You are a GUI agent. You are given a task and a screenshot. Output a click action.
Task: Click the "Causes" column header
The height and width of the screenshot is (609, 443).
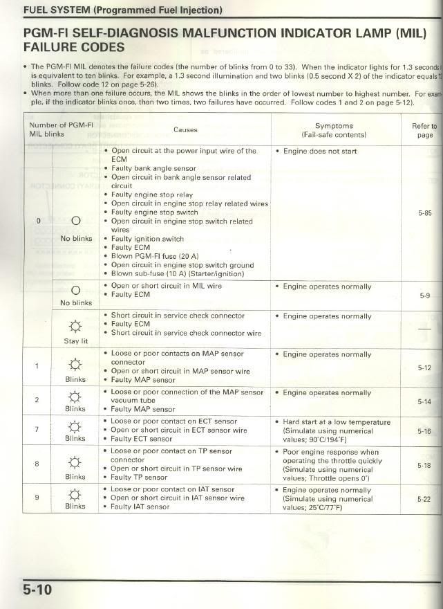(185, 129)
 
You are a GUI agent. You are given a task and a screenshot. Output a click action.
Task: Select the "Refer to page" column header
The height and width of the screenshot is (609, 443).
(424, 130)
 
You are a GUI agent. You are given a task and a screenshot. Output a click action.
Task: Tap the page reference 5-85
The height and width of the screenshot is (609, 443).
(424, 213)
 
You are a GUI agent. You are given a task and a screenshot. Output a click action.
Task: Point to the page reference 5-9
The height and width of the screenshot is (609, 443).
(424, 296)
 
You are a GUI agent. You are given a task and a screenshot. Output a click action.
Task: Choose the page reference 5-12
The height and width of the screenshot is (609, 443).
(424, 367)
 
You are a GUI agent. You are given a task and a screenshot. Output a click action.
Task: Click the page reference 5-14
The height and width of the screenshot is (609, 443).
(424, 401)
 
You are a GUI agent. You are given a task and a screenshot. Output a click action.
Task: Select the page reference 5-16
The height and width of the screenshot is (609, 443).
(424, 431)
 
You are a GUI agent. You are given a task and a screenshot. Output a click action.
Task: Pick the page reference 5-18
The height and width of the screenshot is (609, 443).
(424, 466)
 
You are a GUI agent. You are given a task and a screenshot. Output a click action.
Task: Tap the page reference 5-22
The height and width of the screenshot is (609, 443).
(424, 498)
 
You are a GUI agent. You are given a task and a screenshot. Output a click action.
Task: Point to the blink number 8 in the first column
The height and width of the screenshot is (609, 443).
(37, 463)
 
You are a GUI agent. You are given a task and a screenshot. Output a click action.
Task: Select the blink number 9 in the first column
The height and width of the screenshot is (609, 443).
(37, 496)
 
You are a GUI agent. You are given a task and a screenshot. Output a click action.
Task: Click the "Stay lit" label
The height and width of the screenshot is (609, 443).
(76, 341)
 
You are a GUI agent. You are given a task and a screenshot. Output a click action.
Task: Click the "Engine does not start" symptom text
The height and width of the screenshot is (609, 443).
(320, 151)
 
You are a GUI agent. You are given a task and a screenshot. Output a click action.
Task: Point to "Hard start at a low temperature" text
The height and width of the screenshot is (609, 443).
(337, 422)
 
